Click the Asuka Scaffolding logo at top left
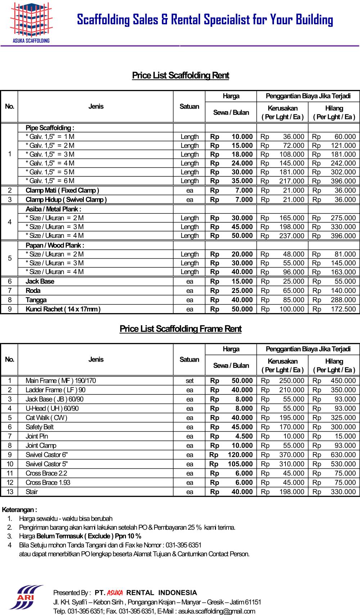point(31,23)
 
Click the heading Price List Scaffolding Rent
point(180,76)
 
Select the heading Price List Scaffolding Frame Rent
point(180,329)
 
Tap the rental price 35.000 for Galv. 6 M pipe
point(242,181)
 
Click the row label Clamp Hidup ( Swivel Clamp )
point(66,200)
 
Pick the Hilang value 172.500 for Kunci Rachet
point(343,309)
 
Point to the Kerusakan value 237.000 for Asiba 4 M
point(292,236)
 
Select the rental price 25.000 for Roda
point(242,291)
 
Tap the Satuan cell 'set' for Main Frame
point(189,381)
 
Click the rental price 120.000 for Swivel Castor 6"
point(240,455)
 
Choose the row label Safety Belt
point(40,427)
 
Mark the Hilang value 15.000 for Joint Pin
point(345,437)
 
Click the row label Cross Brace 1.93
point(48,483)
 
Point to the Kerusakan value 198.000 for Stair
point(292,492)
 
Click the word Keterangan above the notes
point(19,510)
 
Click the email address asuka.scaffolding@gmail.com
point(216,611)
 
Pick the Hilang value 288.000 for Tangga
point(343,300)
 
